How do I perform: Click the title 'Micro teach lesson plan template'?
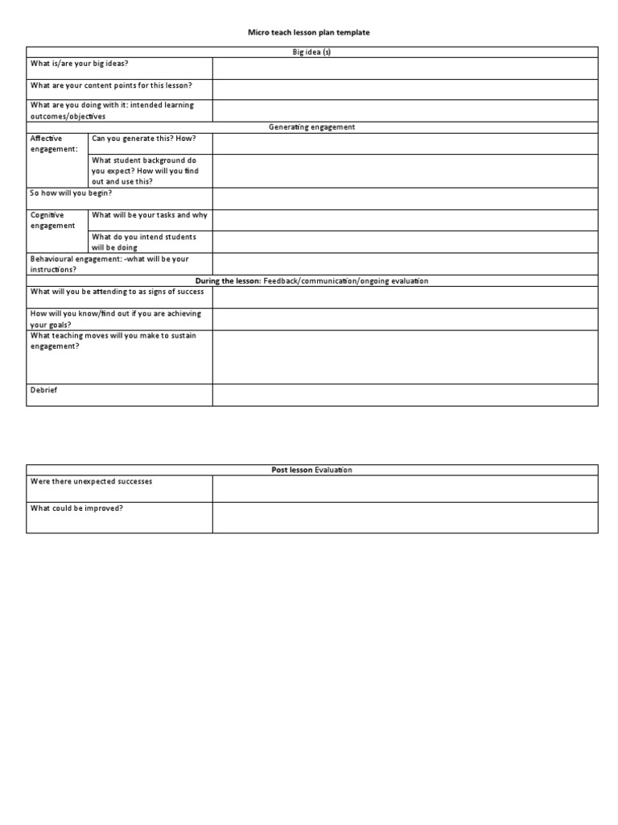pyautogui.click(x=309, y=32)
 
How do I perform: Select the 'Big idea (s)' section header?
pyautogui.click(x=311, y=52)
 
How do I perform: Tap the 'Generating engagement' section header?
pyautogui.click(x=311, y=127)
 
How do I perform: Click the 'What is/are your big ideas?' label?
pyautogui.click(x=79, y=63)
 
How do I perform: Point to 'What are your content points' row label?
pyautogui.click(x=111, y=85)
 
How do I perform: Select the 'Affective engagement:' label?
pyautogui.click(x=53, y=143)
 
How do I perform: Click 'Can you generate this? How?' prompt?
pyautogui.click(x=143, y=139)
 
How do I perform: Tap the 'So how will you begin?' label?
pyautogui.click(x=71, y=193)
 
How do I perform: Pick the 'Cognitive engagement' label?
pyautogui.click(x=51, y=220)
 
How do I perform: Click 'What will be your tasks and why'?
pyautogui.click(x=149, y=215)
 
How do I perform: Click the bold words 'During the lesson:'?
pyautogui.click(x=229, y=281)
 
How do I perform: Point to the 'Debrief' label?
pyautogui.click(x=43, y=390)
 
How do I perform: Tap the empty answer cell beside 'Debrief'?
pyautogui.click(x=405, y=395)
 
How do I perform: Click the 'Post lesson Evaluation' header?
pyautogui.click(x=311, y=470)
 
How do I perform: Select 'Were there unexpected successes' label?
pyautogui.click(x=91, y=482)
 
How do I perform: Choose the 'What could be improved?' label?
pyautogui.click(x=76, y=508)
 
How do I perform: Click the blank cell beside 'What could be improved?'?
pyautogui.click(x=405, y=518)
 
